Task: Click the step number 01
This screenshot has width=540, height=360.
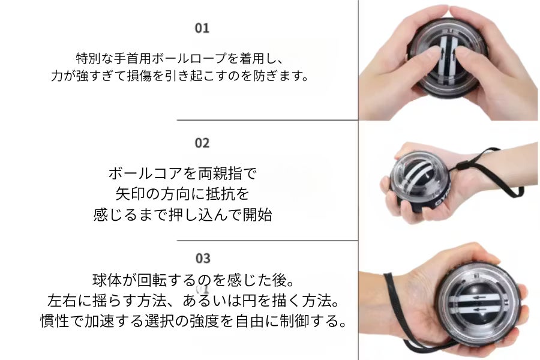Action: [x=202, y=28]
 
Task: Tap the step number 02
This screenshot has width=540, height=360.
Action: [x=202, y=143]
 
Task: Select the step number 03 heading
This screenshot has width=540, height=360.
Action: [x=203, y=259]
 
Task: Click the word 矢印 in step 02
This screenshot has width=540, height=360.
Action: [x=130, y=194]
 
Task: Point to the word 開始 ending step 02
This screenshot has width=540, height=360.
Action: [x=257, y=215]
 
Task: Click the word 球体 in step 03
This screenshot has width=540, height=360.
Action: [x=107, y=280]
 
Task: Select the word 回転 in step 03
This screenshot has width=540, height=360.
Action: [x=152, y=280]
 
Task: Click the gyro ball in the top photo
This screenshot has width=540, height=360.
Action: [x=448, y=59]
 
